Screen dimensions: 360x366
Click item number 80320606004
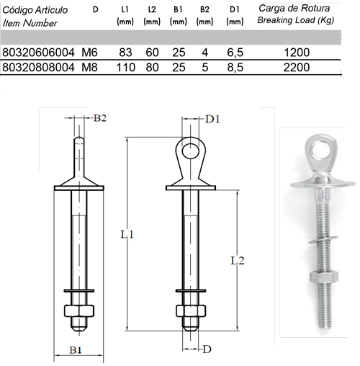(38, 53)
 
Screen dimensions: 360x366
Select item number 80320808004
(38, 67)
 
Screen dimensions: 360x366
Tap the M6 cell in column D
(89, 53)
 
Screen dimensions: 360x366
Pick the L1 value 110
(126, 67)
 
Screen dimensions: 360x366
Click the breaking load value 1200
(297, 53)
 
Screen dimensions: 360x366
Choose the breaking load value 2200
(297, 67)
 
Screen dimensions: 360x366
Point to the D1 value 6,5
(235, 53)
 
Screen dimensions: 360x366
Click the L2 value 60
(152, 53)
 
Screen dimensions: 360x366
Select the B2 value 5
(204, 67)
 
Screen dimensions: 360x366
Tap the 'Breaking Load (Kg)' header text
(296, 20)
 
